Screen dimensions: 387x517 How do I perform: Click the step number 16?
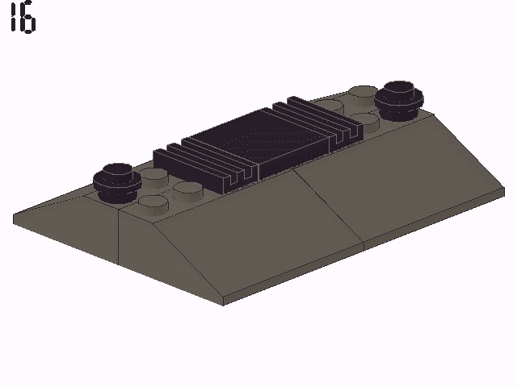[22, 19]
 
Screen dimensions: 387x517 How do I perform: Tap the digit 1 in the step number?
[13, 19]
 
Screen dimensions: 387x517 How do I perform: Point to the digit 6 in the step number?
[28, 20]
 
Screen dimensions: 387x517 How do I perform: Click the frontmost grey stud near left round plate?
[158, 202]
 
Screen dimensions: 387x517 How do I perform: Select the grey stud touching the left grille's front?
[187, 189]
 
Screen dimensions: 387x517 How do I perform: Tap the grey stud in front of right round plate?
[368, 121]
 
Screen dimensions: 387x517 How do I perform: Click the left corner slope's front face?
[73, 230]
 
